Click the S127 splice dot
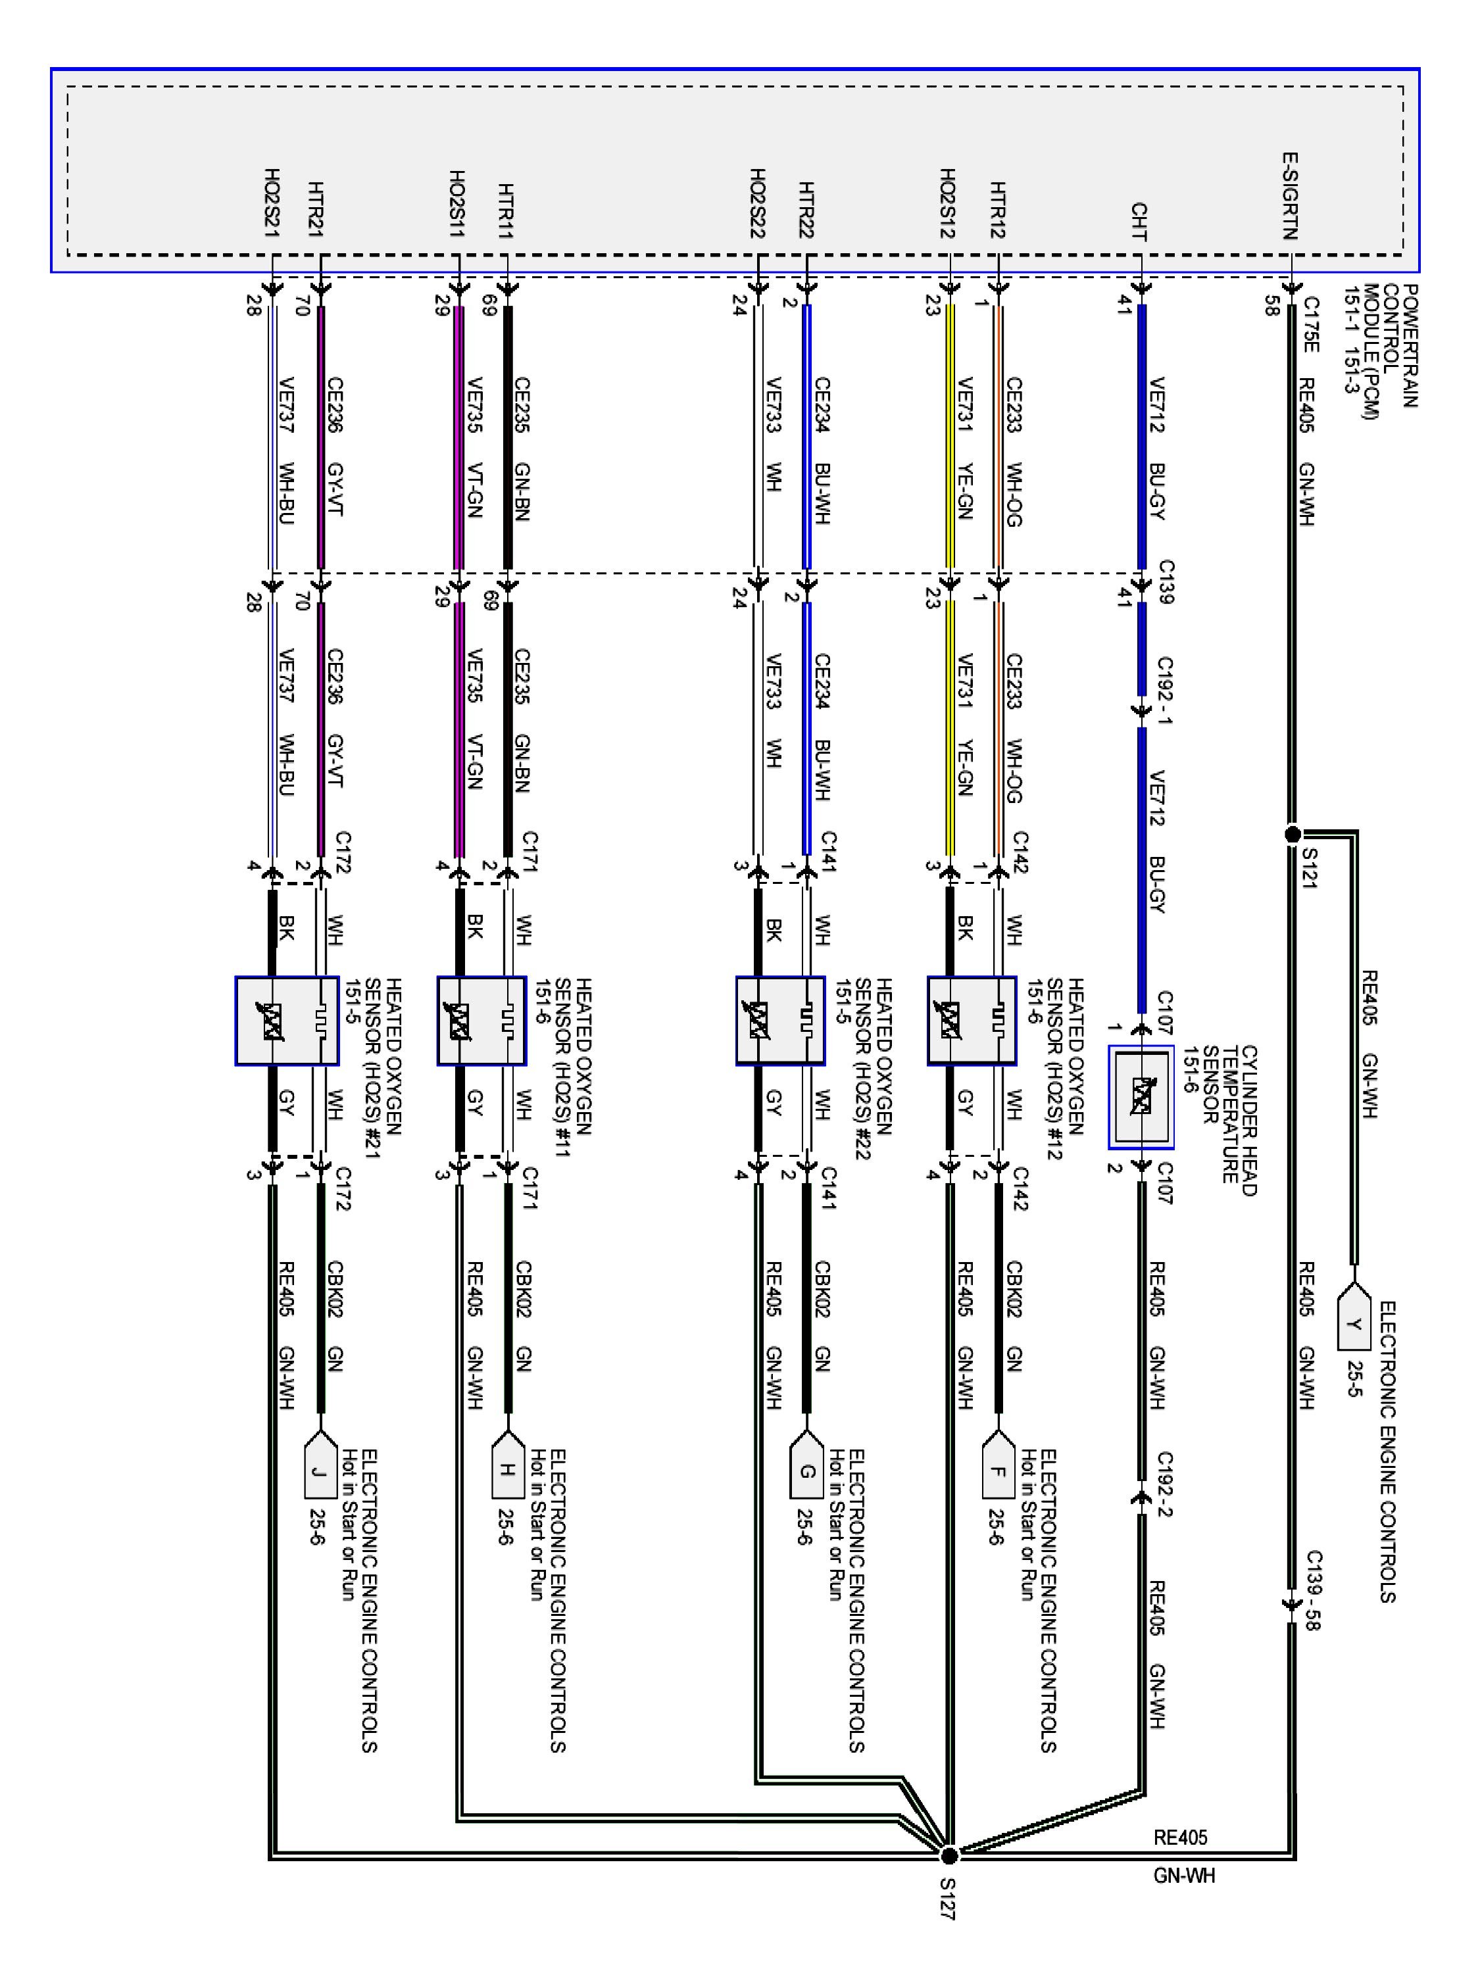[x=949, y=1855]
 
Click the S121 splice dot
[x=1292, y=834]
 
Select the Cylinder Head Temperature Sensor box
[x=1141, y=1096]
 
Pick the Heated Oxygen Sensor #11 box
[x=481, y=1021]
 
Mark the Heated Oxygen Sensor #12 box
[x=972, y=1021]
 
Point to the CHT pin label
[x=1139, y=221]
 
